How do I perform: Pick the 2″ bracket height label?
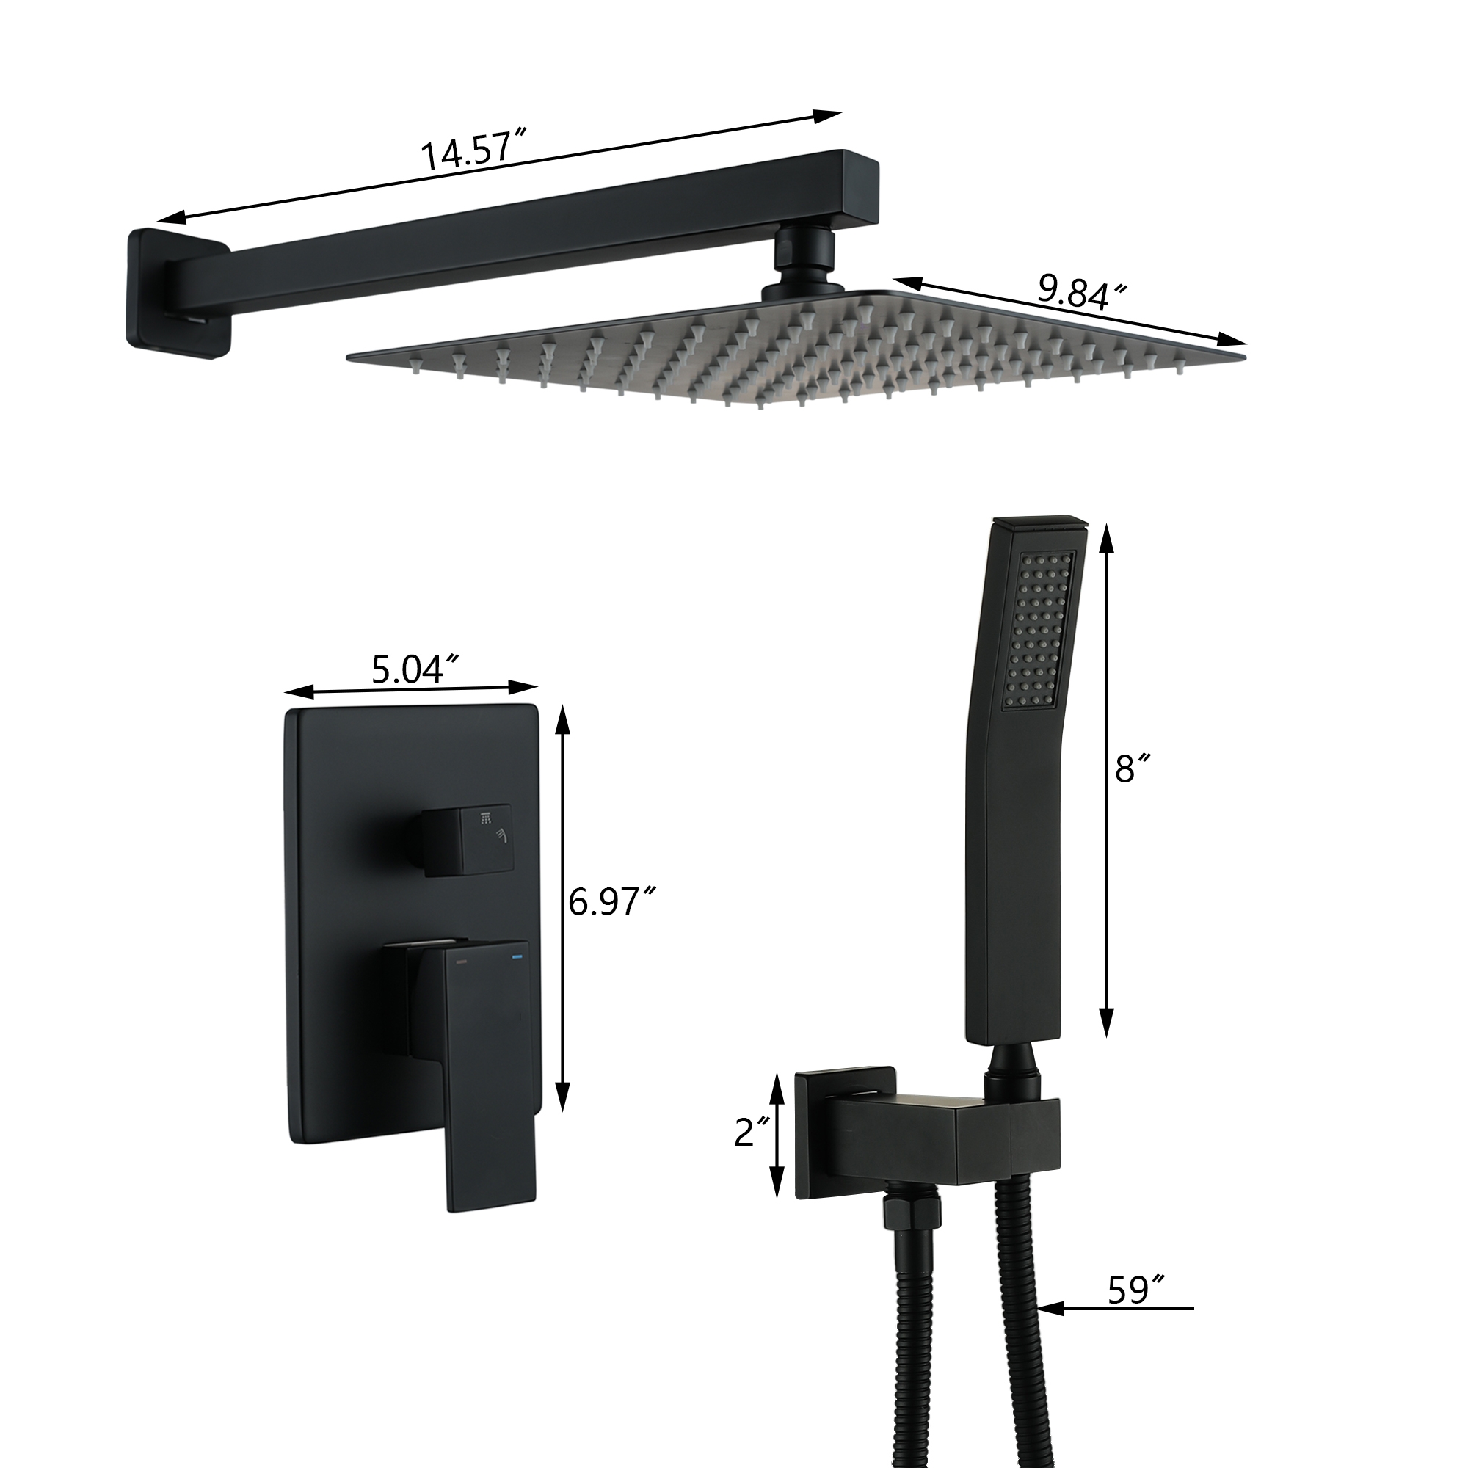(754, 1153)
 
